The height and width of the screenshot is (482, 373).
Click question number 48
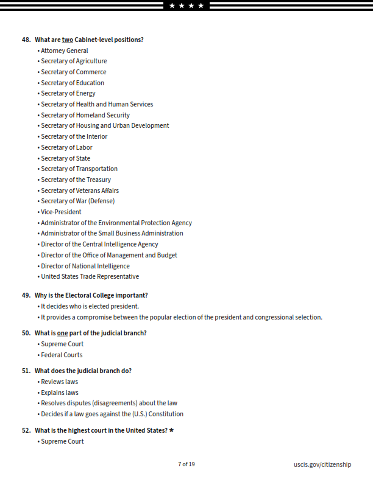[x=26, y=40]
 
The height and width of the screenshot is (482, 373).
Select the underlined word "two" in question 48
[x=67, y=40]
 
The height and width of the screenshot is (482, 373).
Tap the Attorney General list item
[x=64, y=51]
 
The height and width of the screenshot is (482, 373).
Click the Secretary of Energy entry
[x=68, y=93]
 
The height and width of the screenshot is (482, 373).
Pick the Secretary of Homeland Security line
[x=85, y=115]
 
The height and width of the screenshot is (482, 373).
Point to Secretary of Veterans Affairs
[x=79, y=190]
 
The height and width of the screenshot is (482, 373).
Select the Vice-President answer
[x=60, y=212]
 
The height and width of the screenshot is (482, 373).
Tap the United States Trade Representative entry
[x=90, y=276]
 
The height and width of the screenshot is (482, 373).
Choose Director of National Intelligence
[x=85, y=266]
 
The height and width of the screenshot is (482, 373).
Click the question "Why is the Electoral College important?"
[x=91, y=295]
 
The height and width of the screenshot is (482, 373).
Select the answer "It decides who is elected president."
[x=90, y=306]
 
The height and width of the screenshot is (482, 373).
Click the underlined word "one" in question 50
[x=63, y=333]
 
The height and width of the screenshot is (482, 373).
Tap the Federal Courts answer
[x=61, y=355]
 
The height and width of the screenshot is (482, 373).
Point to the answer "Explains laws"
[x=59, y=393]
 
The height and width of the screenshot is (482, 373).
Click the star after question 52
[x=171, y=430]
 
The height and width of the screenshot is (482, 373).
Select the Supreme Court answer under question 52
[x=62, y=441]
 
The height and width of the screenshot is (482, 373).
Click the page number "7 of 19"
[x=187, y=464]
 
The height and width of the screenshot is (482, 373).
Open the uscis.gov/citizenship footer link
[x=322, y=464]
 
